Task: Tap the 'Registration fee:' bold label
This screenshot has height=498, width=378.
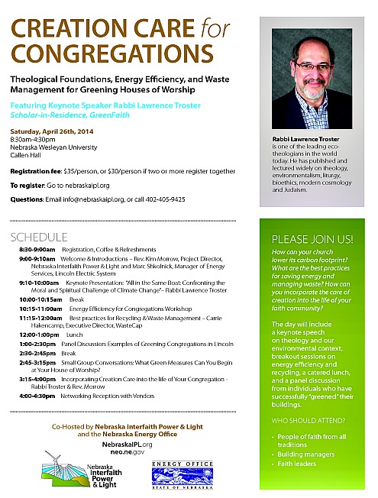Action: tap(35, 172)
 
